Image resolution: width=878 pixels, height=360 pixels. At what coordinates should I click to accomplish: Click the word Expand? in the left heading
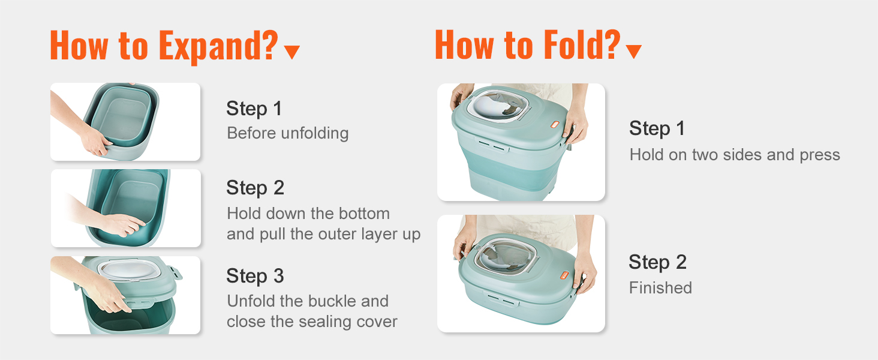(x=218, y=46)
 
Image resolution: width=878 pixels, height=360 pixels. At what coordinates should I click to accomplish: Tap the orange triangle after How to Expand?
(x=291, y=52)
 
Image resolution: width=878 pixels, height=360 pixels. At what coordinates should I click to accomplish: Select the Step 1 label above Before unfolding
(x=254, y=108)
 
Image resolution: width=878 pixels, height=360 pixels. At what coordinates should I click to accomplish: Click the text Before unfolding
(x=288, y=133)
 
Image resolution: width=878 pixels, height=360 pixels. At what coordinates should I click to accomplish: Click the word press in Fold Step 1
(x=820, y=155)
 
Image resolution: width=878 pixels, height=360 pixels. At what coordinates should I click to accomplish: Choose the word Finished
(x=660, y=288)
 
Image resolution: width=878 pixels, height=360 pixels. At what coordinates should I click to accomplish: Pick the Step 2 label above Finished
(x=657, y=262)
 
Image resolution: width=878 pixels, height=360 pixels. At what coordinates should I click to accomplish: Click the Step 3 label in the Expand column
(x=255, y=275)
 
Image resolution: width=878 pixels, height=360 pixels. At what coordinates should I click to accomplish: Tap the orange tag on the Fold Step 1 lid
(x=555, y=125)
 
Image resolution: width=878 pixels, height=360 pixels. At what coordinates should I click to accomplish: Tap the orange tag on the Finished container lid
(x=564, y=275)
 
